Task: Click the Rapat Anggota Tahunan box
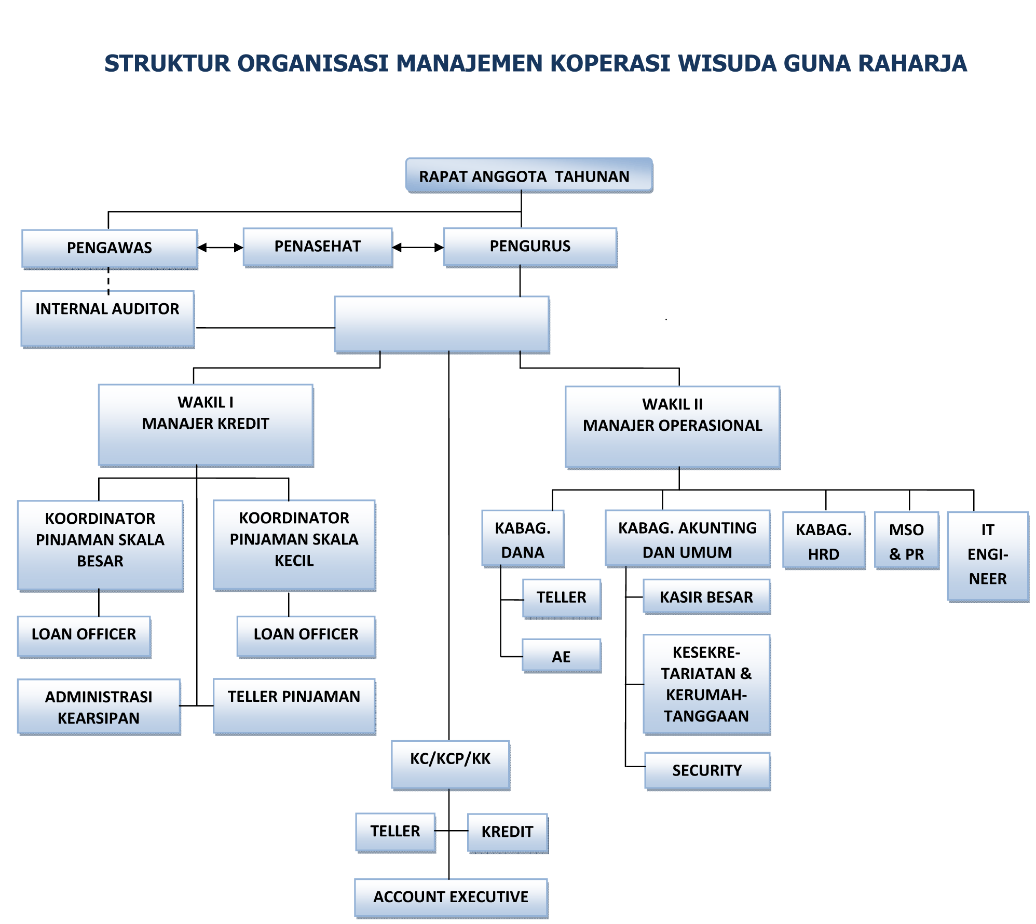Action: click(x=529, y=176)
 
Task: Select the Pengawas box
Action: click(x=110, y=248)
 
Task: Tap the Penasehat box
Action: click(x=318, y=247)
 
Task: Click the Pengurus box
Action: click(x=530, y=247)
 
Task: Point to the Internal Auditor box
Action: click(x=107, y=318)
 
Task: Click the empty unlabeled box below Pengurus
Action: click(x=442, y=324)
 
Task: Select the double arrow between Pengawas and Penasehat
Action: click(x=221, y=248)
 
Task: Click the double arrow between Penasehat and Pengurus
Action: click(x=418, y=248)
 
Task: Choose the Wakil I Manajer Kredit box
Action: click(x=206, y=425)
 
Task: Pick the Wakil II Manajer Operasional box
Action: click(x=673, y=427)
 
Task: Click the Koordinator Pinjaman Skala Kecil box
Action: click(x=294, y=544)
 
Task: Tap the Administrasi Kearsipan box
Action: click(x=99, y=706)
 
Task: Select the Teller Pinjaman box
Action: click(x=294, y=705)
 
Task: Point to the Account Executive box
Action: click(x=451, y=897)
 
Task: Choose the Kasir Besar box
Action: click(x=706, y=597)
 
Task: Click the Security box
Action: click(x=707, y=770)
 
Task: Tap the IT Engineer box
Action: click(x=988, y=555)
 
